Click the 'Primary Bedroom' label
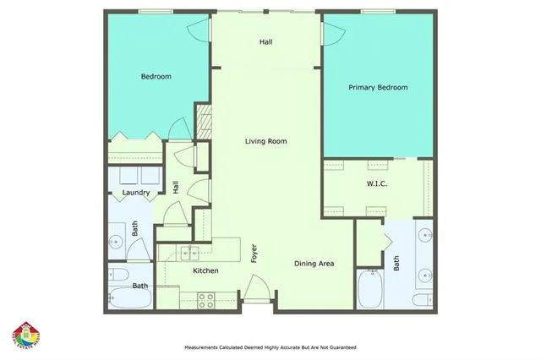coord(378,87)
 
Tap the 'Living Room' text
coord(265,141)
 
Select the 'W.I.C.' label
coord(376,183)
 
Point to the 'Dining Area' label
coord(314,264)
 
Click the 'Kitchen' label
coord(205,270)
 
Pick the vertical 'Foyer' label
coord(253,253)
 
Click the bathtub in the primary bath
coord(370,290)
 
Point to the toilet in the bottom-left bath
coord(116,275)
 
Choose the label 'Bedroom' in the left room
coord(156,77)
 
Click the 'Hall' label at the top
coord(265,41)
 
